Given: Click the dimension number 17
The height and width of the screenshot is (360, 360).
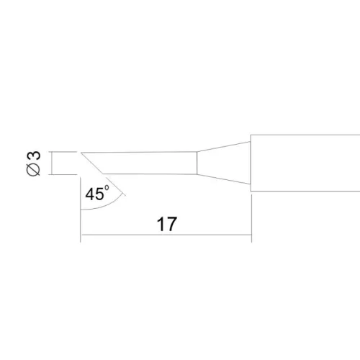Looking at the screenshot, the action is point(167,224).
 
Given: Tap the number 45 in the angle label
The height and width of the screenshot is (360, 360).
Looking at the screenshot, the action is point(94,194).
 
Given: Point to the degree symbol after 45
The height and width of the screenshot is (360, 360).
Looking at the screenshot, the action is point(107,187).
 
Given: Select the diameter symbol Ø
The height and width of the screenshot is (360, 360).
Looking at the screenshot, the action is point(33,169).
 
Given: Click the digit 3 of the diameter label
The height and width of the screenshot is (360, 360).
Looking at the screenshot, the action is point(35,156).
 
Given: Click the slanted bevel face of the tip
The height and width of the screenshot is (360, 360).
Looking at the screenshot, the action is point(92,163).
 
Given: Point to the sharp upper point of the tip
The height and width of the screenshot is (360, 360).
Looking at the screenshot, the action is point(81,153).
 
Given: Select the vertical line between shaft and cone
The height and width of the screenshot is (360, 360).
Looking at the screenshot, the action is point(197,163).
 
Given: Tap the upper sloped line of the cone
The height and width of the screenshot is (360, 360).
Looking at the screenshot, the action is point(224,147).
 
